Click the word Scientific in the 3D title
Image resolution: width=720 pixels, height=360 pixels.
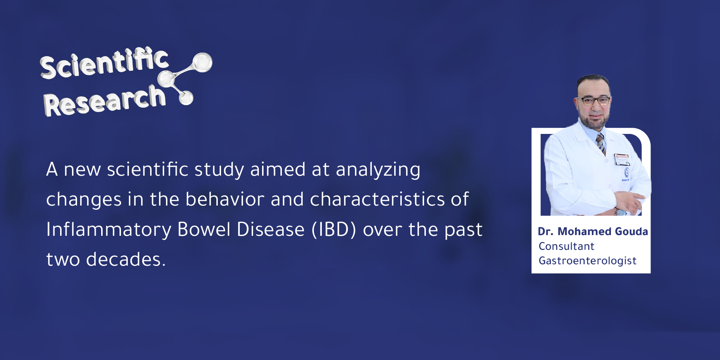(104, 63)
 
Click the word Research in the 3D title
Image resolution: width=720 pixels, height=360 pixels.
(104, 101)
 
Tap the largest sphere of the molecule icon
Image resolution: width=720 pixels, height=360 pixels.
(202, 62)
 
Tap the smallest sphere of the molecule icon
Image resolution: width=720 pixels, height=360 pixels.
(186, 98)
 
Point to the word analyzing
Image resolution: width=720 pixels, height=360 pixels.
(378, 170)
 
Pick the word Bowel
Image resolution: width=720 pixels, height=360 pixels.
(204, 229)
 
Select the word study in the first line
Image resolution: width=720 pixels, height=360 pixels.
(219, 170)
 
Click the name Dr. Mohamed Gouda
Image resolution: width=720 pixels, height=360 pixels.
(593, 231)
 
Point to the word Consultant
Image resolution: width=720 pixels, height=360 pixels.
(566, 246)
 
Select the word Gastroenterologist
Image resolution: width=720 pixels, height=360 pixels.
(587, 261)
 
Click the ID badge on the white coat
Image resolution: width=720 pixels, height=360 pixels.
(622, 159)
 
